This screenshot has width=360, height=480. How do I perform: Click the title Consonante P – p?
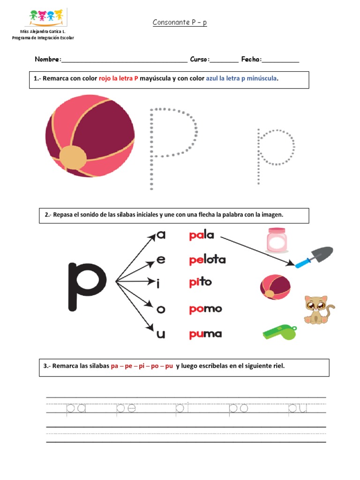pyautogui.click(x=180, y=23)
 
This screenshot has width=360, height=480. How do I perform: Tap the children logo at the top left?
pyautogui.click(x=46, y=16)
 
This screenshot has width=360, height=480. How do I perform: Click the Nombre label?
pyautogui.click(x=47, y=60)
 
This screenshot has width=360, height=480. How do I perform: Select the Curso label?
pyautogui.click(x=200, y=60)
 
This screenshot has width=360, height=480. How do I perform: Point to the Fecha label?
pyautogui.click(x=251, y=60)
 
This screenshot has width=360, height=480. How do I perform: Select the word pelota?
pyautogui.click(x=207, y=259)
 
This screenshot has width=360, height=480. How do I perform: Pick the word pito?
pyautogui.click(x=200, y=282)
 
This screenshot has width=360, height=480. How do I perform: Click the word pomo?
pyautogui.click(x=205, y=309)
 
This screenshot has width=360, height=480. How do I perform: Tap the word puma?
pyautogui.click(x=205, y=334)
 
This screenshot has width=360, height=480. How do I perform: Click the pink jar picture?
pyautogui.click(x=277, y=240)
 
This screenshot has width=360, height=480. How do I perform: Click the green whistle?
pyautogui.click(x=280, y=332)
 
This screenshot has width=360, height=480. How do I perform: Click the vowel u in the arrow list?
pyautogui.click(x=161, y=334)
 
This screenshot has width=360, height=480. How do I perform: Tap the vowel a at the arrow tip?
pyautogui.click(x=161, y=235)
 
